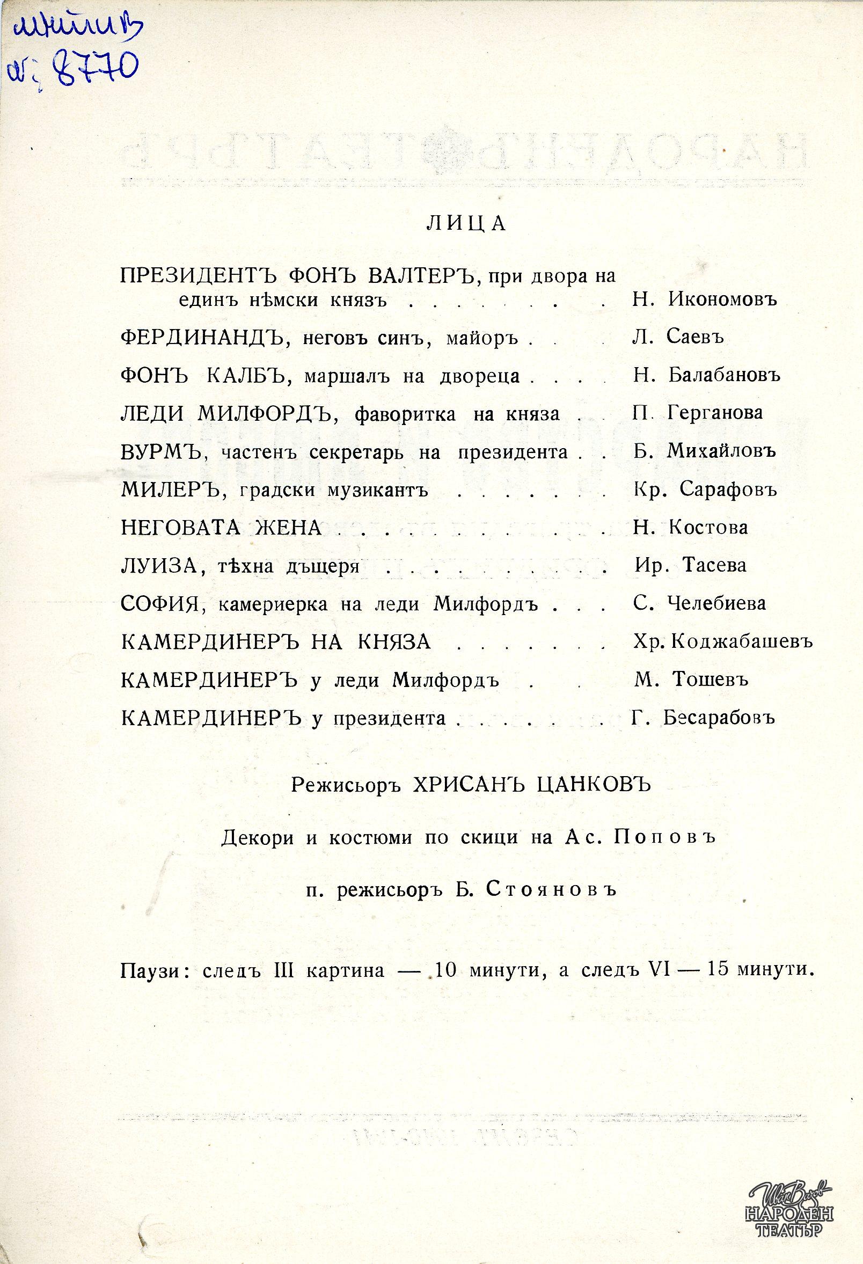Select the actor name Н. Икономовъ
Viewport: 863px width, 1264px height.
(x=705, y=299)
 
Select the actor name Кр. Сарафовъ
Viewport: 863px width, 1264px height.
(x=705, y=489)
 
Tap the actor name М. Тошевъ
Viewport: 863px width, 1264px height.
(x=691, y=680)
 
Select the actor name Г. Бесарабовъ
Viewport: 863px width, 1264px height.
(x=703, y=718)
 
